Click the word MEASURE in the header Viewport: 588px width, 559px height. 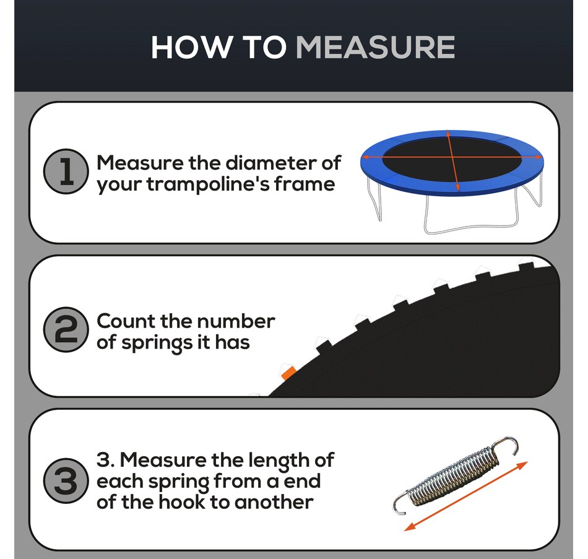(x=375, y=47)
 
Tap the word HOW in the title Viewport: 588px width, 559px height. (x=191, y=47)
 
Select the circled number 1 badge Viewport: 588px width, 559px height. (x=66, y=171)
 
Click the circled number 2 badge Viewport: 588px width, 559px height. (x=66, y=329)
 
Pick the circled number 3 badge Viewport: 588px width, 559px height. (x=66, y=480)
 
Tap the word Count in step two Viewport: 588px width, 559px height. (x=126, y=321)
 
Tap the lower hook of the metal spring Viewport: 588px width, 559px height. (x=400, y=503)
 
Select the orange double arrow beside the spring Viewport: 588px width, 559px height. (x=465, y=496)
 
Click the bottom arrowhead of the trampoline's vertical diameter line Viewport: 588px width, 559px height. (x=457, y=187)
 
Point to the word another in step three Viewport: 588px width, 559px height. (x=274, y=502)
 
